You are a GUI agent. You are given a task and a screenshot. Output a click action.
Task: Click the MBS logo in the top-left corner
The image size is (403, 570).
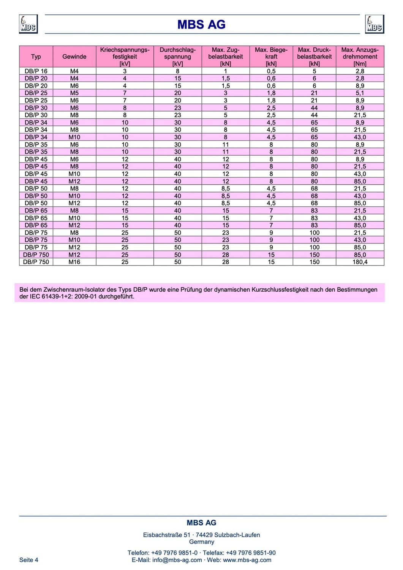point(28,24)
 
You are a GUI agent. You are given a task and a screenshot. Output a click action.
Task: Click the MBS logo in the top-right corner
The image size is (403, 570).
point(374,24)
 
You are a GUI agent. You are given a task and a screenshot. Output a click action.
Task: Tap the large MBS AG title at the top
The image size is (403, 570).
point(201,25)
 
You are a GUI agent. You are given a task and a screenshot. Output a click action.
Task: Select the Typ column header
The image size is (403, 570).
point(36,57)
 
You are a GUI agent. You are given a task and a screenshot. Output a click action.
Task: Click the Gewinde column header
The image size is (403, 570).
point(74,57)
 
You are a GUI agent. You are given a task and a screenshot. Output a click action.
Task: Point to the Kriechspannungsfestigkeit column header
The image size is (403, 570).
point(125,57)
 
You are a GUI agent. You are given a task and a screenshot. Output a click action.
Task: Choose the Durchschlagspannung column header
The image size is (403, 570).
point(177,57)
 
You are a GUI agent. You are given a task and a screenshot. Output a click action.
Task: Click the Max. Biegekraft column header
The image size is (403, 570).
point(271,57)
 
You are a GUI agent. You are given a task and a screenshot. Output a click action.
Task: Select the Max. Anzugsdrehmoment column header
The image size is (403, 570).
point(360,57)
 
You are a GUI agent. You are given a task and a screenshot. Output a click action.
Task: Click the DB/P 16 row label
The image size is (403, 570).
point(36,71)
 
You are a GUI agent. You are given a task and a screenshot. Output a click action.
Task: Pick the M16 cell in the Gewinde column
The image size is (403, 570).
point(74,262)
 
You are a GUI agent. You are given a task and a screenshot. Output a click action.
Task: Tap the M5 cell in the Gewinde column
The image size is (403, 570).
point(74,93)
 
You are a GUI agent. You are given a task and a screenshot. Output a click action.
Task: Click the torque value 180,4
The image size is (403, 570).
point(360,262)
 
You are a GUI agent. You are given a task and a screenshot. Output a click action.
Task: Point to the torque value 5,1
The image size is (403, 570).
point(360,93)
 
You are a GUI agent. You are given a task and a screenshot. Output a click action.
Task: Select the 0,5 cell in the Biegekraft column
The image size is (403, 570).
point(271,71)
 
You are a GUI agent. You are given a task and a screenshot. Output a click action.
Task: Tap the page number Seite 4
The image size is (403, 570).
point(29,560)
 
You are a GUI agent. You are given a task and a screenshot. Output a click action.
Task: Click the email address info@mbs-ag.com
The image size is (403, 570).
point(177,560)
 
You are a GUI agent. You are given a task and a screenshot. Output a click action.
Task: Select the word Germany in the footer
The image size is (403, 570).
point(201,542)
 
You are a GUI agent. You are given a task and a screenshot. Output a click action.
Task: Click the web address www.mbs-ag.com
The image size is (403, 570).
point(247,560)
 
